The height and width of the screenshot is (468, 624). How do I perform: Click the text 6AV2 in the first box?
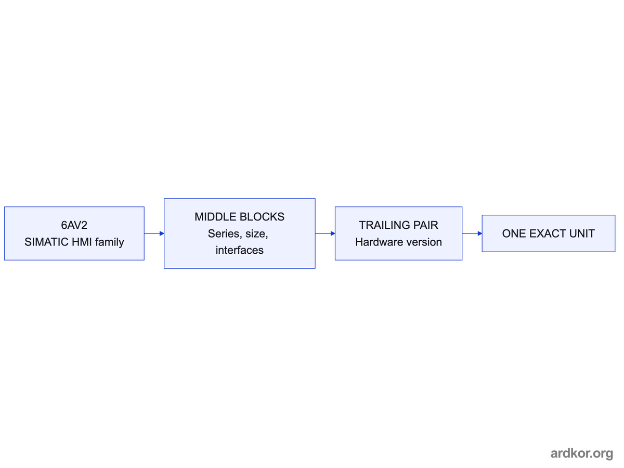click(x=74, y=225)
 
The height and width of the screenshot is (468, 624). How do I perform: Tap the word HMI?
click(x=82, y=242)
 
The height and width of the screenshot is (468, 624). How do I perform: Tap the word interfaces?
click(x=239, y=250)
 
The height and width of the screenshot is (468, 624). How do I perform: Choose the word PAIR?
click(x=425, y=225)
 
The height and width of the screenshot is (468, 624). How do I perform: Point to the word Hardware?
click(x=376, y=242)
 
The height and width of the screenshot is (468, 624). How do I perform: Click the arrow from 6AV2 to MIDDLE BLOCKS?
click(x=154, y=233)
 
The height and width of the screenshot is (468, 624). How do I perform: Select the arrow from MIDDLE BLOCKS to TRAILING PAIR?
click(x=325, y=233)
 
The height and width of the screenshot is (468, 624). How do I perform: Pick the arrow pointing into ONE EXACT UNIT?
click(x=472, y=233)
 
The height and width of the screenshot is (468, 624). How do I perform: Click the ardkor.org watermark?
click(x=582, y=453)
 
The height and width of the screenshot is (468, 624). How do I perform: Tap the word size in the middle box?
click(x=256, y=234)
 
